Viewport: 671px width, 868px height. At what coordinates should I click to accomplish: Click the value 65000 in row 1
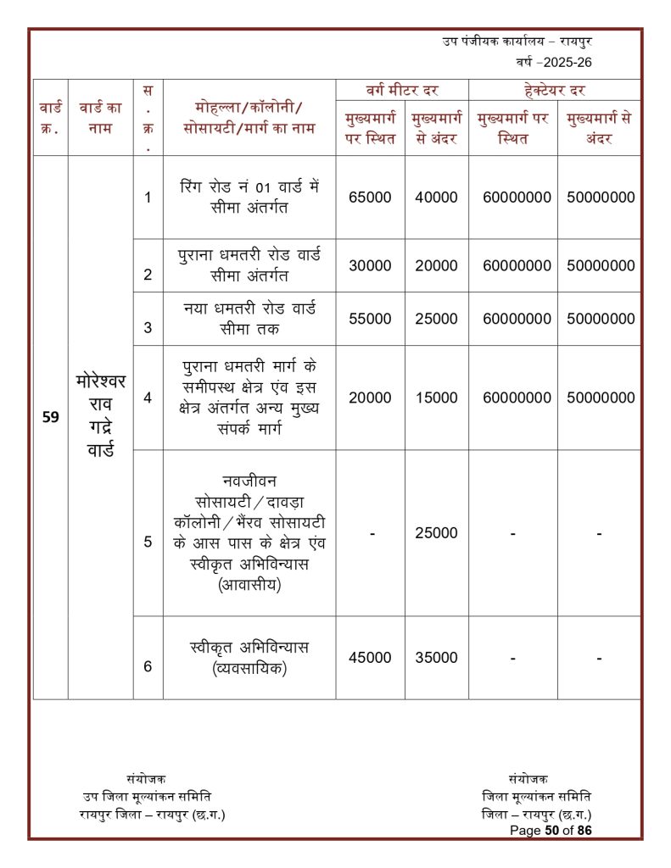tap(370, 197)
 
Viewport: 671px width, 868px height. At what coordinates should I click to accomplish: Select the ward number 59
tap(50, 417)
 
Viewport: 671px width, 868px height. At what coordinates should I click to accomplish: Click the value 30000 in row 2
tap(370, 265)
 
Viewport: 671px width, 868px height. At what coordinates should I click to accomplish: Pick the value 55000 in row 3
tap(370, 319)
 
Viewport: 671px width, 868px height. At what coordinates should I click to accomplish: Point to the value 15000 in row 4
tap(436, 398)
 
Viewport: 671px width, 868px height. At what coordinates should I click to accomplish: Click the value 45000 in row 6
tap(370, 657)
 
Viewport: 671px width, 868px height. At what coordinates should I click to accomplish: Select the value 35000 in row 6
tap(436, 657)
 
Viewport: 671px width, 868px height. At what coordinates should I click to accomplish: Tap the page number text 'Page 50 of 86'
tap(551, 830)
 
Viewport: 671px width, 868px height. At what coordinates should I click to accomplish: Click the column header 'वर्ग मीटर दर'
tap(401, 89)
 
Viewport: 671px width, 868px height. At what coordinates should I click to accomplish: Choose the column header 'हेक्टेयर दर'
tap(555, 89)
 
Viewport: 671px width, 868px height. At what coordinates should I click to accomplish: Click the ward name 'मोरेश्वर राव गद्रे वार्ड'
tap(100, 415)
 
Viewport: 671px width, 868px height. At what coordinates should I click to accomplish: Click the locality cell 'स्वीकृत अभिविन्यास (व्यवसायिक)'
tap(249, 658)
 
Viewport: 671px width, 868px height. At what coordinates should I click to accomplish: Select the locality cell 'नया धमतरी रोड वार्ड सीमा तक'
tap(249, 318)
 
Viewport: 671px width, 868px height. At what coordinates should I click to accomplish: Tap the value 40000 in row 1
tap(436, 197)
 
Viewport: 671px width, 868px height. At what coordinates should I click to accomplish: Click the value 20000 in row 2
tap(436, 265)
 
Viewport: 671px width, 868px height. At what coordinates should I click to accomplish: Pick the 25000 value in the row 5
tap(436, 533)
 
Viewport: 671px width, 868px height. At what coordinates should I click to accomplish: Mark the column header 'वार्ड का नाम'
tap(100, 117)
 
